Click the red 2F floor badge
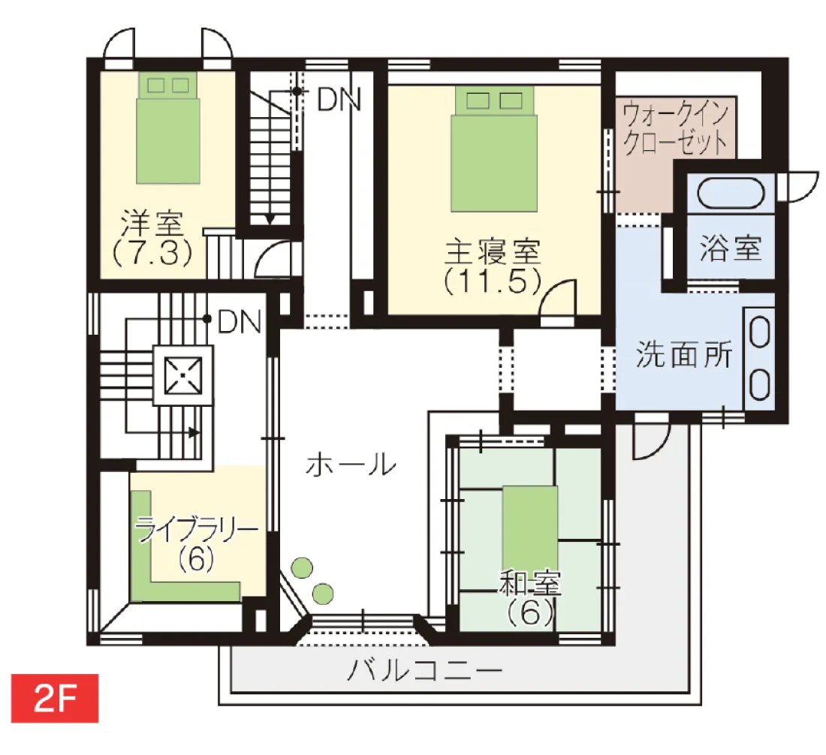[x=55, y=698]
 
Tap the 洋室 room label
[x=152, y=223]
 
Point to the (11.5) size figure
[x=493, y=281]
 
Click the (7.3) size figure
[x=152, y=253]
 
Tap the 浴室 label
[x=731, y=248]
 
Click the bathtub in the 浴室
[x=731, y=194]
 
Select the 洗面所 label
[x=684, y=354]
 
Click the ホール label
[x=351, y=465]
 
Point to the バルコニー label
[x=424, y=671]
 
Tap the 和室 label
[x=530, y=583]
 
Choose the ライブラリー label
[x=197, y=529]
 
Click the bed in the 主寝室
[x=494, y=149]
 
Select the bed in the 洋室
[x=168, y=128]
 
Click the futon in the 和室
[x=530, y=528]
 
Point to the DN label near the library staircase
[x=239, y=322]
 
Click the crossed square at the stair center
[x=182, y=375]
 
